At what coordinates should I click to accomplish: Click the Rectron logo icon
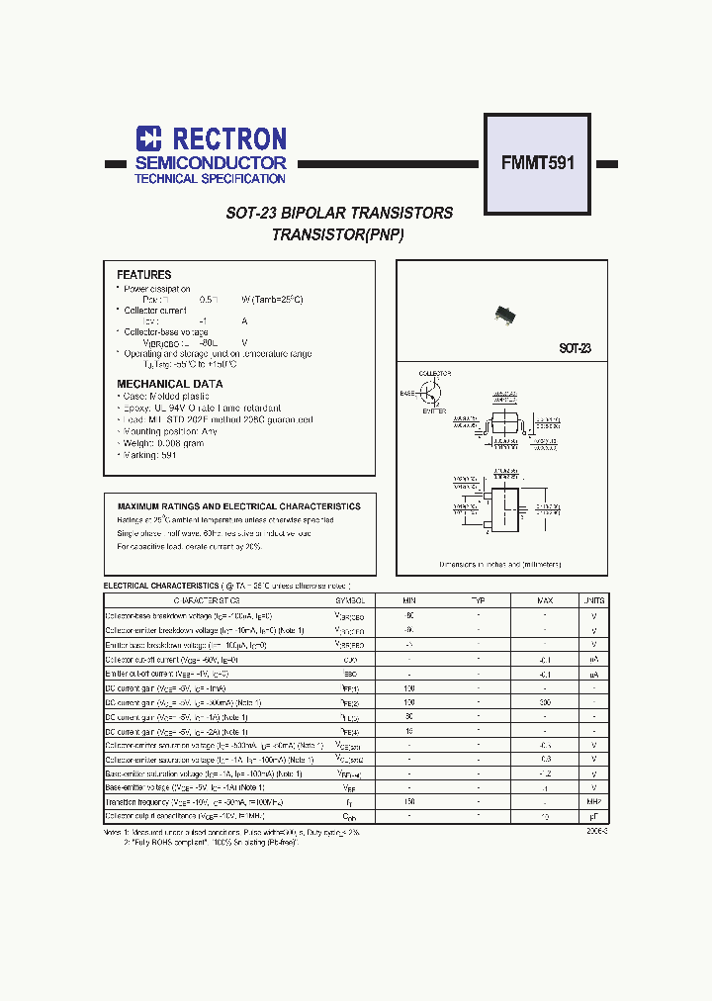click(x=148, y=138)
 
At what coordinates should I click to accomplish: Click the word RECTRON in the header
click(x=228, y=138)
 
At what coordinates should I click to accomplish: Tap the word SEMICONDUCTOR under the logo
click(x=211, y=162)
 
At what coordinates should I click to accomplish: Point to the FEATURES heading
click(x=143, y=275)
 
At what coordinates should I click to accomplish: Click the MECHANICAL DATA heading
click(x=169, y=384)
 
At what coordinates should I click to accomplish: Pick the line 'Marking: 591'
click(x=149, y=455)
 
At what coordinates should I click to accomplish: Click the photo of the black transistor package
click(x=507, y=315)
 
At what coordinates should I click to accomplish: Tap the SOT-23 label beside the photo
click(x=575, y=348)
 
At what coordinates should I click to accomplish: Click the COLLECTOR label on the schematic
click(x=434, y=374)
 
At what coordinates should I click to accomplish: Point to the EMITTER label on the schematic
click(x=435, y=411)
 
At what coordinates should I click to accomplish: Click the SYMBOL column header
click(x=349, y=600)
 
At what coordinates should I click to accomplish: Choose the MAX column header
click(x=545, y=600)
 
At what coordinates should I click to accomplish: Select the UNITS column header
click(x=593, y=600)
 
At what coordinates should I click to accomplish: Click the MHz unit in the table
click(x=593, y=802)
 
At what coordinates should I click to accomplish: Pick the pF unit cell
click(x=593, y=817)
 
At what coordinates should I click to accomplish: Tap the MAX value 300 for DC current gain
click(x=545, y=701)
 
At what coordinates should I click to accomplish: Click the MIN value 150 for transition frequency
click(x=409, y=802)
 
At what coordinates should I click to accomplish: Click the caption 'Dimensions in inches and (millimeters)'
click(x=500, y=564)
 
